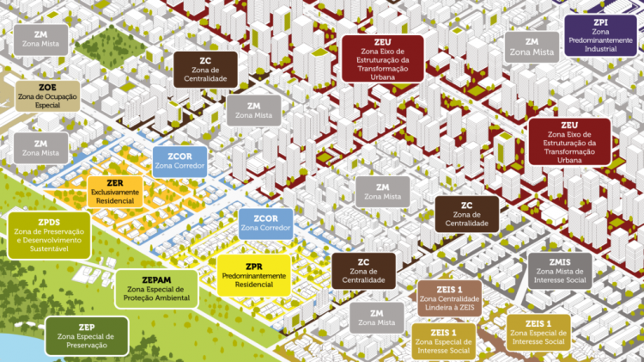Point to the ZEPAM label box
pyautogui.click(x=156, y=288)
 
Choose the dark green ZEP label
pyautogui.click(x=86, y=335)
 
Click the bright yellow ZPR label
pyautogui.click(x=253, y=274)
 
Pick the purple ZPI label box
pyautogui.click(x=600, y=36)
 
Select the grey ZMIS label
pyautogui.click(x=560, y=269)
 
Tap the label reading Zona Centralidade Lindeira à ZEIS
pyautogui.click(x=448, y=297)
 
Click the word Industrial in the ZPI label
pyautogui.click(x=600, y=49)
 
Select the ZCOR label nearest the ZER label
pyautogui.click(x=179, y=161)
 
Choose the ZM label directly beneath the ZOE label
pyautogui.click(x=40, y=147)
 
